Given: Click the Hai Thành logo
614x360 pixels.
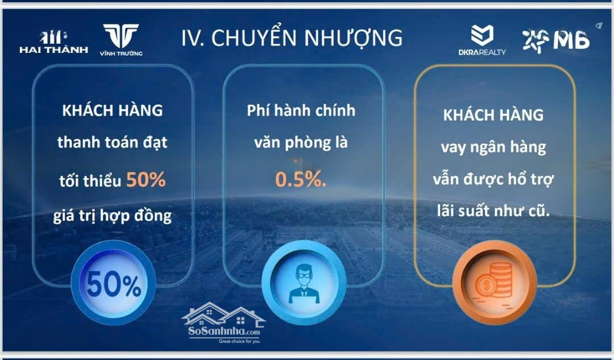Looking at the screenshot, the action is [x=53, y=42].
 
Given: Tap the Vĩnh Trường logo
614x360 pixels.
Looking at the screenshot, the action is [x=121, y=40].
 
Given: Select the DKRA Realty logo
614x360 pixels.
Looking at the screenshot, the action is [x=482, y=40].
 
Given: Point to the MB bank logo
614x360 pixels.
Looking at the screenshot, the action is [x=556, y=40].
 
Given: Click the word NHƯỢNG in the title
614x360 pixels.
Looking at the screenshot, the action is [x=353, y=38].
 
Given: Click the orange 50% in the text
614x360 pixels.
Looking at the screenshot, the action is [x=146, y=179].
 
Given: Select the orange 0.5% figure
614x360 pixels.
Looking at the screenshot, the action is [x=300, y=179].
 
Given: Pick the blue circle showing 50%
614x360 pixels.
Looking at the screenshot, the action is [x=113, y=283].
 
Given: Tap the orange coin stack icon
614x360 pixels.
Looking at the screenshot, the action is [x=494, y=280].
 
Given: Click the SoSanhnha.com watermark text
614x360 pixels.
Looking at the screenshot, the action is [x=223, y=332].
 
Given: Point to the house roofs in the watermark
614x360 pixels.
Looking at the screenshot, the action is [x=223, y=314].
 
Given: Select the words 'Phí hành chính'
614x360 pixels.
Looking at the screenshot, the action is [x=301, y=111].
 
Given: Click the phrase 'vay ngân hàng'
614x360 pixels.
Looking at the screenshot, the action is [x=493, y=148].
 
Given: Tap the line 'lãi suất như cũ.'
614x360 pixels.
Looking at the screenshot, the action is [x=493, y=212].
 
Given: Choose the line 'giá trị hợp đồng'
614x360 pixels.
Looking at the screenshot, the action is [x=113, y=216].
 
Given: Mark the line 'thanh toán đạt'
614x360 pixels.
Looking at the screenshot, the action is [x=113, y=142].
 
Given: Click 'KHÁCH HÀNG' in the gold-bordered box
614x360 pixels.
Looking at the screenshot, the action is [x=493, y=115].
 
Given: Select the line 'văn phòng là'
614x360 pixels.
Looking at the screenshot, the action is [x=301, y=143].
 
